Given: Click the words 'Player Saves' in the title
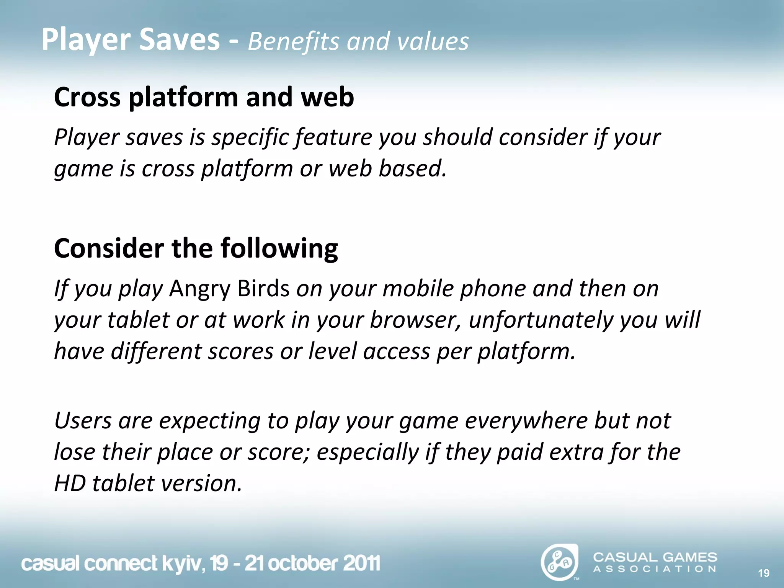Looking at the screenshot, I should (130, 40).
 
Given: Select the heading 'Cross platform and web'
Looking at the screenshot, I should (204, 97).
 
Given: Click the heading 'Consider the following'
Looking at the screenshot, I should (196, 248).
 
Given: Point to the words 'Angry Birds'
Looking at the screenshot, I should (229, 289).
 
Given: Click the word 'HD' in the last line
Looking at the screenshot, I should (70, 483).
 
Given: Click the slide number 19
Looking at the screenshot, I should (763, 573).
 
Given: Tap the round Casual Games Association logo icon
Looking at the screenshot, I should (559, 562).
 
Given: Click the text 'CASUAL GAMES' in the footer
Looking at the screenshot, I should (655, 557).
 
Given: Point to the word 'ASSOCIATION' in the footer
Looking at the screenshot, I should (655, 569).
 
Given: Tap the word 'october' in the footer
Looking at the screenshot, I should (302, 563).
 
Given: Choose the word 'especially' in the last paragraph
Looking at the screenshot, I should (367, 452).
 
